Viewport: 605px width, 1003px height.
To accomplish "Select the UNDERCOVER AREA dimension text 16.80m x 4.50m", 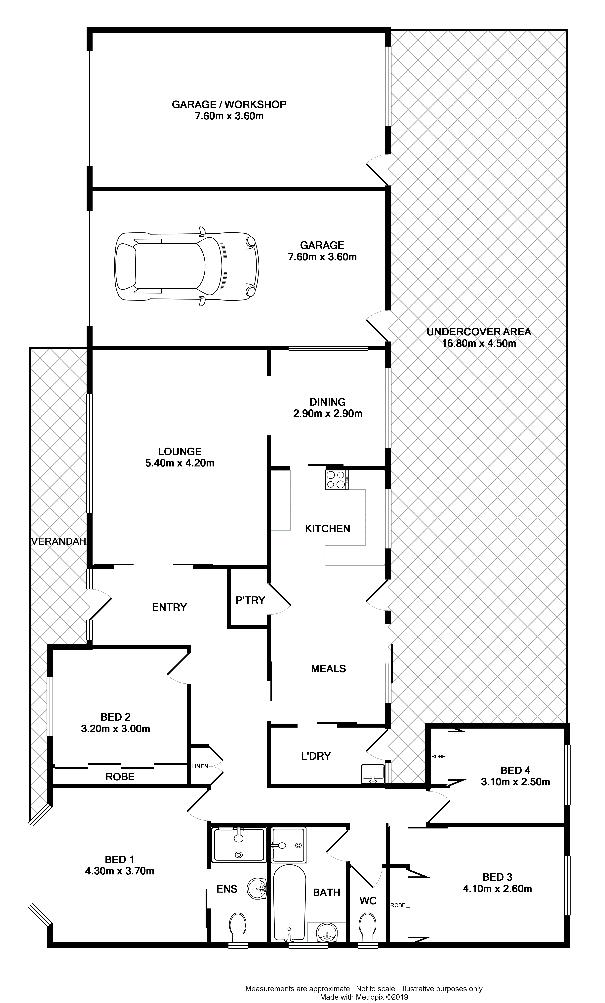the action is pyautogui.click(x=479, y=343).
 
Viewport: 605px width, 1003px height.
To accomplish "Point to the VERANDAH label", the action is pyautogui.click(x=59, y=541).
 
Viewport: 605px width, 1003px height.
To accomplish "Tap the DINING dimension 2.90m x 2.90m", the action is pyautogui.click(x=328, y=414).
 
